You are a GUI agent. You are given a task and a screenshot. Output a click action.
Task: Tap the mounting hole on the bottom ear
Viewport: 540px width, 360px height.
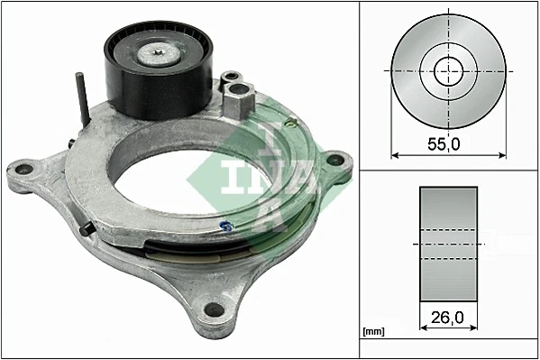pyautogui.click(x=213, y=311)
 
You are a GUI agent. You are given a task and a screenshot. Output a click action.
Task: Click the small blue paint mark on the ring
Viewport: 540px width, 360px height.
pyautogui.click(x=225, y=226)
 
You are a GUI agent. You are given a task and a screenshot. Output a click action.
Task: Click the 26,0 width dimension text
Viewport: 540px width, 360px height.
pyautogui.click(x=448, y=318)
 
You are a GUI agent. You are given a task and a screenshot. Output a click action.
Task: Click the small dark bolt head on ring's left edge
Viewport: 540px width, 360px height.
pyautogui.click(x=86, y=231)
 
